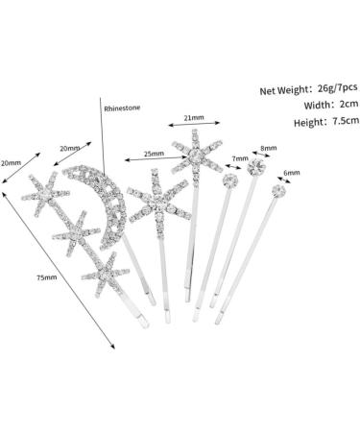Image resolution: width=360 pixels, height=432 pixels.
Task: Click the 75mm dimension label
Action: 47,277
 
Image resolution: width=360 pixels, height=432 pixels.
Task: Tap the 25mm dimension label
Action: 154,154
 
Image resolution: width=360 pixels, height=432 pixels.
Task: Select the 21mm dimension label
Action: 194,117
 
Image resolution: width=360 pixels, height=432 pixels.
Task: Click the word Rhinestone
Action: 122,108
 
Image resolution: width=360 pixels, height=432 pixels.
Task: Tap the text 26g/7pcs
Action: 338,88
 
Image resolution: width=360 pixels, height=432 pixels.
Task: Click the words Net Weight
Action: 283,90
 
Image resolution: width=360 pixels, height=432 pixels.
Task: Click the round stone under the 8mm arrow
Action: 256,167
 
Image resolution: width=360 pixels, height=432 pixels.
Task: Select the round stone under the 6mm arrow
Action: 278,191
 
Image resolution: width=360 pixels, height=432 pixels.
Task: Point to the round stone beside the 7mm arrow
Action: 230,180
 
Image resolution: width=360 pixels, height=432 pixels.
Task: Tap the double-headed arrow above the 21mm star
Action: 194,124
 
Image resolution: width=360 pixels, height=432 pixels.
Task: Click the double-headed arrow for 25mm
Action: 156,158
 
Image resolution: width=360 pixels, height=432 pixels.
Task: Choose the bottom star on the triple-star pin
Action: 106,274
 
